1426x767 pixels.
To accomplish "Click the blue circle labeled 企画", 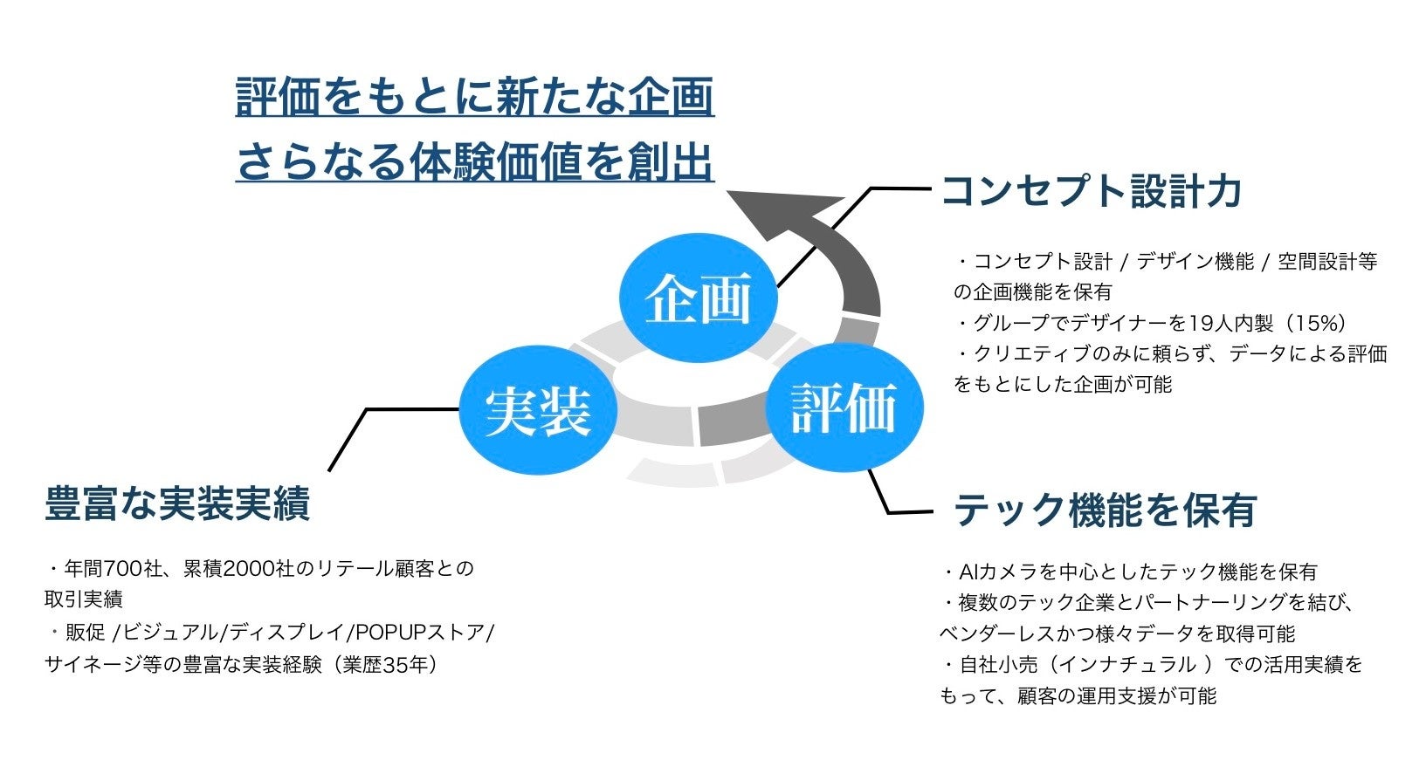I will click(698, 298).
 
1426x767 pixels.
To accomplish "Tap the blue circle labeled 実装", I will click(538, 411).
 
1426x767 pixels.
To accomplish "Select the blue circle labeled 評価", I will click(844, 407).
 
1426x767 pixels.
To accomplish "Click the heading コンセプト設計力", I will click(1091, 192).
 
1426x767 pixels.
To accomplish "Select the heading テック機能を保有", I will click(1105, 510).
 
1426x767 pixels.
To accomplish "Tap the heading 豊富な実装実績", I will click(177, 504).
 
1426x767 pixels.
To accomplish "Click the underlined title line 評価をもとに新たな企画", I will click(475, 97).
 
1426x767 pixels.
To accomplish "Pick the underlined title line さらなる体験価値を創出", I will click(475, 162).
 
